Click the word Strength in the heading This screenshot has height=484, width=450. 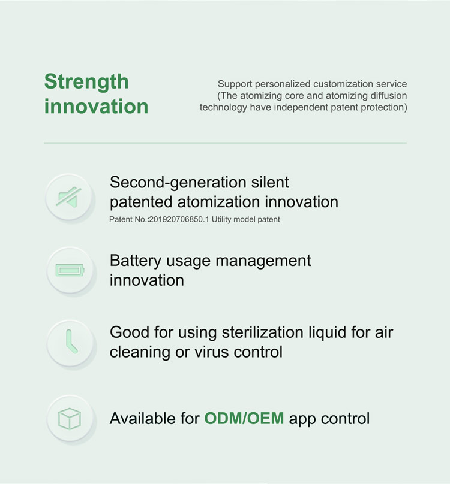(x=86, y=82)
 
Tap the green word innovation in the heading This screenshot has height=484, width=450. (x=96, y=107)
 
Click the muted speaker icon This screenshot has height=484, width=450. (x=68, y=197)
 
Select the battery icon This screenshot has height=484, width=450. (x=70, y=270)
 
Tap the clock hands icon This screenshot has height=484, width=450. (x=71, y=341)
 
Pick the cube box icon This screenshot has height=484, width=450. (x=70, y=419)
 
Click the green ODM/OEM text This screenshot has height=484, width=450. (x=244, y=418)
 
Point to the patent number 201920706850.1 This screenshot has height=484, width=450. (x=179, y=219)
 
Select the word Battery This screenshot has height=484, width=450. (x=136, y=261)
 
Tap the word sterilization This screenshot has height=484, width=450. (x=263, y=332)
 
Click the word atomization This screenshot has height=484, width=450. (x=218, y=202)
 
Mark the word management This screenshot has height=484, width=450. (x=263, y=261)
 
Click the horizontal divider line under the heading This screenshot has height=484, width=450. (x=225, y=143)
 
